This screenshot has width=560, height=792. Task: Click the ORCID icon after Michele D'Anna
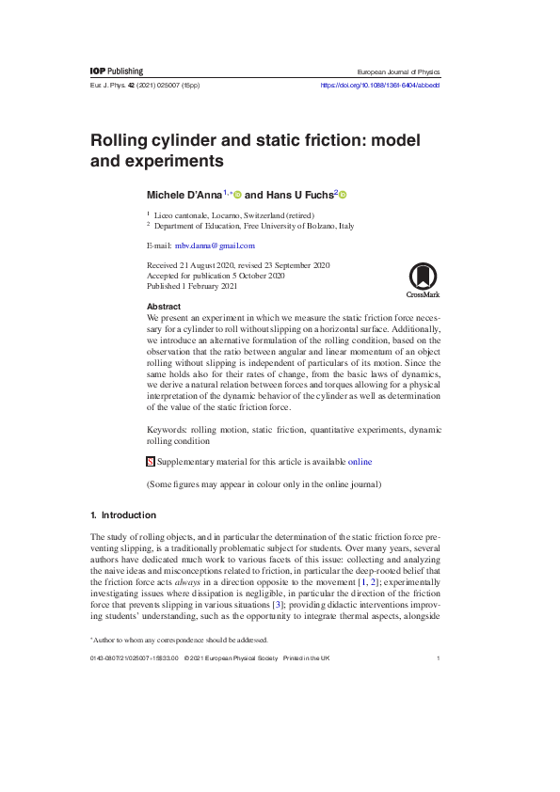point(237,194)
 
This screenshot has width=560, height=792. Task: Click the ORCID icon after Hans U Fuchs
point(344,194)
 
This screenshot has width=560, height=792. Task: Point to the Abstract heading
point(164,308)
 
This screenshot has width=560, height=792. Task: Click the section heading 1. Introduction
point(122,515)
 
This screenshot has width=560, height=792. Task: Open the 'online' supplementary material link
point(360,462)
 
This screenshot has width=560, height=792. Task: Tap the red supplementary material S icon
point(151,462)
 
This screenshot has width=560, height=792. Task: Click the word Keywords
point(167,429)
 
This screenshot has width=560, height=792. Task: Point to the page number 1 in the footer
point(439,658)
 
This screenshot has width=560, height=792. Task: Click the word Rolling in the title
point(120,140)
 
